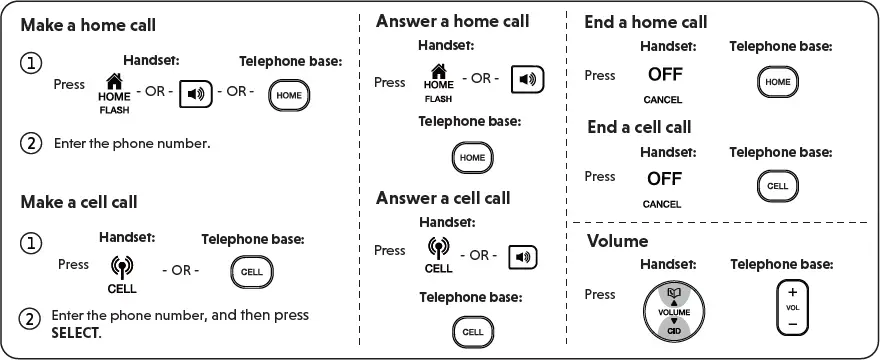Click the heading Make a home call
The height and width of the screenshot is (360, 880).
88,24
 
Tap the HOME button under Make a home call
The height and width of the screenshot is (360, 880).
289,94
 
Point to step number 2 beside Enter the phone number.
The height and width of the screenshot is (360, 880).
32,143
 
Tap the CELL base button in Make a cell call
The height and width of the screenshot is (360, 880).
252,271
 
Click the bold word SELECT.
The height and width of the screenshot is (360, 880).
75,332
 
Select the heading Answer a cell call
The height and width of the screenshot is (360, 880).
443,198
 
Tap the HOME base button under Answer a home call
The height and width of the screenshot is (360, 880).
472,157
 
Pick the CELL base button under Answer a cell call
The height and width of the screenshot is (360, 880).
472,331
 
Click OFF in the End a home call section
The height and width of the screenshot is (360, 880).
664,75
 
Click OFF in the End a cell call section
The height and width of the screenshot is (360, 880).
664,179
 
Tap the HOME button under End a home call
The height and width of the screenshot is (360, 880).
776,82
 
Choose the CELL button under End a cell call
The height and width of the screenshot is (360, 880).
777,186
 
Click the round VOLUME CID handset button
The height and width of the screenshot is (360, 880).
674,310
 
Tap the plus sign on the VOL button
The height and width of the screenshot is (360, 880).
792,293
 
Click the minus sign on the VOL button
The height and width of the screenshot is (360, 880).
792,323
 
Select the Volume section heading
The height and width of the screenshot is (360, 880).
617,241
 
